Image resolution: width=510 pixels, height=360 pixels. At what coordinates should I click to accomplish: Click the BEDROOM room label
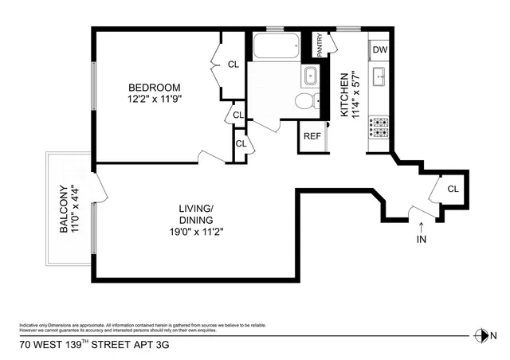pos(156,88)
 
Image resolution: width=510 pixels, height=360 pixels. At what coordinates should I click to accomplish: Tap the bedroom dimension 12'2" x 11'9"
pos(156,100)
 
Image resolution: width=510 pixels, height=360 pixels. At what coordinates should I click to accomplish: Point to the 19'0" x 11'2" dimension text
pos(195,233)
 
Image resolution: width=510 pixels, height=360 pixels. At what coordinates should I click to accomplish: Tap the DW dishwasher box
pos(380,50)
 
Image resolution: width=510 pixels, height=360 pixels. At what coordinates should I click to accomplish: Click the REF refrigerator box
pos(311,136)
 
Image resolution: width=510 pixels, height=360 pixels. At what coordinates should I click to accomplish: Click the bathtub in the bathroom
pos(275,47)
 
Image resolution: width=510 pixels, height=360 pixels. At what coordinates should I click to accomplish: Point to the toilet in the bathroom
pos(305,100)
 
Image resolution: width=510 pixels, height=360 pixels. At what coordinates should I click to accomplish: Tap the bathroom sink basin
pos(309,77)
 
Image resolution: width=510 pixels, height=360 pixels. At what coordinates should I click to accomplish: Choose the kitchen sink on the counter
pos(380,77)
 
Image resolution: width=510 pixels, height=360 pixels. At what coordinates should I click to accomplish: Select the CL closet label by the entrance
pos(453,190)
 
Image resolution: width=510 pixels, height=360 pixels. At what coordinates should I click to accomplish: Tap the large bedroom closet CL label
pos(233,65)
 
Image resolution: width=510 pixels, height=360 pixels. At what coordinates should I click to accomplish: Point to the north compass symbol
pos(481,335)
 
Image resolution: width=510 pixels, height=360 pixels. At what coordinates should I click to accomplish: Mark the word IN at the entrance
pos(421,239)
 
